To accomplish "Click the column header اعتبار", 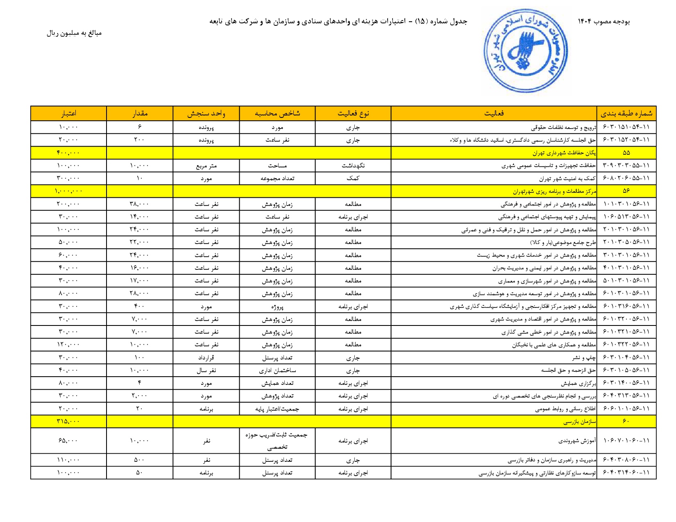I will click(68, 113).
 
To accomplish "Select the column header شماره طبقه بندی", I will click(626, 113).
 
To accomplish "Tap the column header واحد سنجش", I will click(206, 113).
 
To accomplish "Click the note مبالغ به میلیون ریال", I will click(74, 33).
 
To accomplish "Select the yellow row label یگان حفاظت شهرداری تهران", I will click(564, 153).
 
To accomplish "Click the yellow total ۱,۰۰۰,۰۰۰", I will click(68, 191).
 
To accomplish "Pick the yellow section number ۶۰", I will click(626, 421).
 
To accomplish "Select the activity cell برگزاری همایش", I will click(578, 383).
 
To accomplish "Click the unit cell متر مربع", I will click(206, 166).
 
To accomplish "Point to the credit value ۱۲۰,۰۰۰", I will click(68, 345).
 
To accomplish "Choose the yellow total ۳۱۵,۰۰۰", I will click(68, 421).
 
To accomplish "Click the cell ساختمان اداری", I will click(277, 371).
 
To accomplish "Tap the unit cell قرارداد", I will click(206, 357).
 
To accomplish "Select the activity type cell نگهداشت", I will click(353, 166).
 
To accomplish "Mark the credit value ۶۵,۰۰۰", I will click(68, 441).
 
